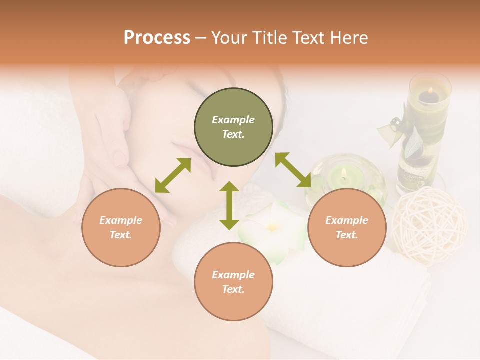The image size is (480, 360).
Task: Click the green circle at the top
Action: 233,127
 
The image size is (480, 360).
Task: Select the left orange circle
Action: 121,227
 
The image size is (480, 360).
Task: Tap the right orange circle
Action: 347,227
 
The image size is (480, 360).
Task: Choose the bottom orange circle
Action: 233,282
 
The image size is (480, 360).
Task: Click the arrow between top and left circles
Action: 173,175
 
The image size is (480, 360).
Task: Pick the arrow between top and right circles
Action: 293,170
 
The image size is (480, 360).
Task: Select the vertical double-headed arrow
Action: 229,205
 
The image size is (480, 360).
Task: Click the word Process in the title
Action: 157,37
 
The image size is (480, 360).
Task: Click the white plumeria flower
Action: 272,230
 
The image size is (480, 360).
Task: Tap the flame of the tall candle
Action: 429,91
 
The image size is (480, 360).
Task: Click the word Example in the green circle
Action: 233,120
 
